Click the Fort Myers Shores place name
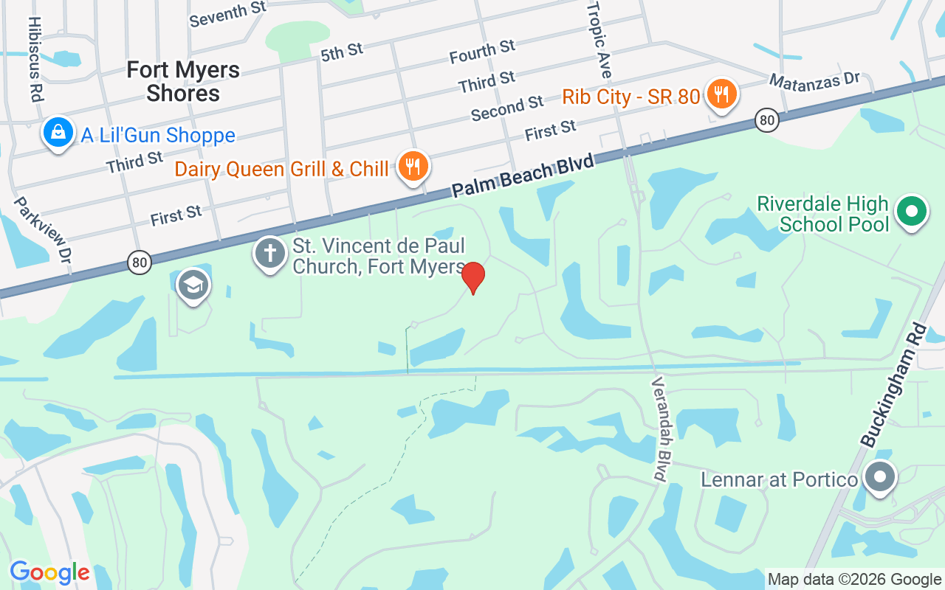pyautogui.click(x=183, y=82)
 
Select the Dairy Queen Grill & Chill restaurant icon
pyautogui.click(x=413, y=167)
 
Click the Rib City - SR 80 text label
pyautogui.click(x=630, y=97)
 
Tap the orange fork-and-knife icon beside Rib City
pyautogui.click(x=722, y=94)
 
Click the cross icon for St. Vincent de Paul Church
pyautogui.click(x=270, y=253)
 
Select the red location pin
pyautogui.click(x=473, y=277)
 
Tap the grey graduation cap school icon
pyautogui.click(x=193, y=285)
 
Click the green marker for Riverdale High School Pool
pyautogui.click(x=912, y=212)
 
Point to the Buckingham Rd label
pyautogui.click(x=893, y=384)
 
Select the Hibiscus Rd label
pyautogui.click(x=35, y=59)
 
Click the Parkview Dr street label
pyautogui.click(x=44, y=231)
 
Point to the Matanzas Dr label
pyautogui.click(x=815, y=80)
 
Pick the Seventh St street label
pyautogui.click(x=227, y=14)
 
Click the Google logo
pyautogui.click(x=49, y=572)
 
